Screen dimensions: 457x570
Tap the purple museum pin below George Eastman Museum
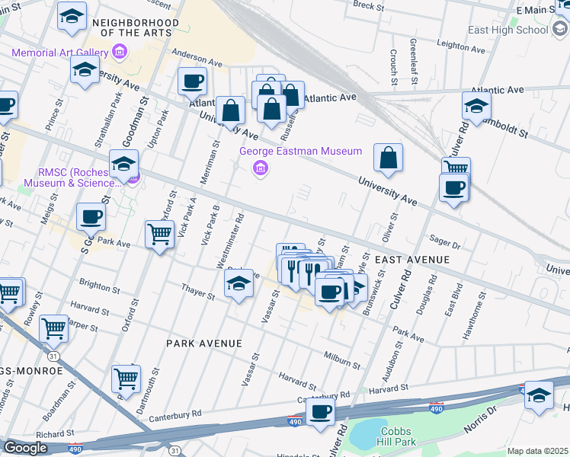261,168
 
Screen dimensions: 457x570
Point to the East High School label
509,30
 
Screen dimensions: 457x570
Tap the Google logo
25,448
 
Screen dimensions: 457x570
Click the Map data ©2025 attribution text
538,451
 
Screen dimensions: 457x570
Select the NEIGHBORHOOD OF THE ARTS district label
135,28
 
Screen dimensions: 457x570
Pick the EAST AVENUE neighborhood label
411,260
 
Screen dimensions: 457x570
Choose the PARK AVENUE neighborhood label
204,344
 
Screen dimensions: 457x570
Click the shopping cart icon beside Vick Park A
159,235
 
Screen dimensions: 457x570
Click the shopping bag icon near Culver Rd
388,158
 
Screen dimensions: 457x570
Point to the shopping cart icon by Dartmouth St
126,378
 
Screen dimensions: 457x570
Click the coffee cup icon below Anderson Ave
193,81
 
